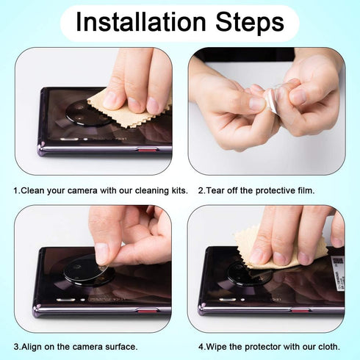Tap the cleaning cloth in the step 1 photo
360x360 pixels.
(126, 110)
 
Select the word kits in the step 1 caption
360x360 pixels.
(176, 190)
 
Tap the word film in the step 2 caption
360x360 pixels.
(305, 190)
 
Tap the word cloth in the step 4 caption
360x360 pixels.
(330, 345)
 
